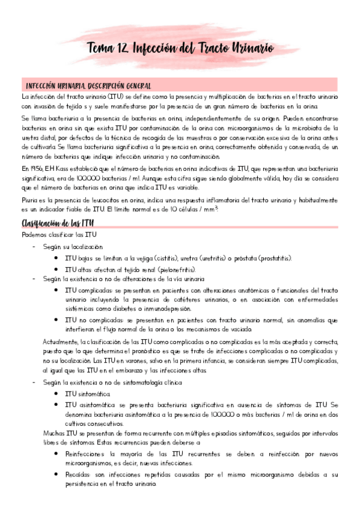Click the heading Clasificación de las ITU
[x=57, y=224]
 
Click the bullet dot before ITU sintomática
[x=56, y=393]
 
